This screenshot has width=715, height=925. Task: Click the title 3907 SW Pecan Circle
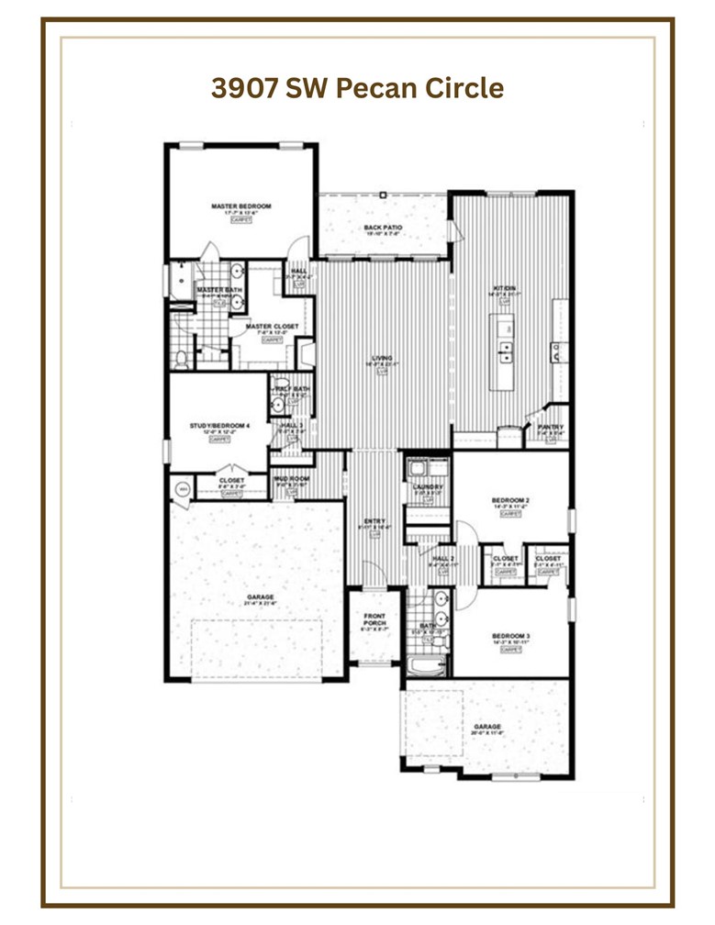pyautogui.click(x=357, y=88)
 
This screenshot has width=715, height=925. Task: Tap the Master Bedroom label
pyautogui.click(x=241, y=206)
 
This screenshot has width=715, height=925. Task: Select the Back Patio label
pyautogui.click(x=384, y=228)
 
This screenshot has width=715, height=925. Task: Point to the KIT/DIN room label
pyautogui.click(x=506, y=288)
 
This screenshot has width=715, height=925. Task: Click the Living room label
pyautogui.click(x=382, y=358)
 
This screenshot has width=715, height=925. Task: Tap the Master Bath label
pyautogui.click(x=219, y=290)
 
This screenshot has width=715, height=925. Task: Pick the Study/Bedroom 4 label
pyautogui.click(x=219, y=426)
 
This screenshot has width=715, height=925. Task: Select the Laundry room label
pyautogui.click(x=429, y=486)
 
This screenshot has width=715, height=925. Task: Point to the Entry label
pyautogui.click(x=374, y=521)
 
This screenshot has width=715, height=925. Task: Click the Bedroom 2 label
pyautogui.click(x=511, y=500)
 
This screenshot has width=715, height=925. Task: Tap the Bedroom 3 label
pyautogui.click(x=511, y=636)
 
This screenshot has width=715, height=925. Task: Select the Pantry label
pyautogui.click(x=551, y=427)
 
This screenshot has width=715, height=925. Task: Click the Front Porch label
pyautogui.click(x=374, y=619)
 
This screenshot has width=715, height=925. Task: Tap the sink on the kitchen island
pyautogui.click(x=504, y=350)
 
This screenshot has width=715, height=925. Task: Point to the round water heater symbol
pyautogui.click(x=183, y=489)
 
